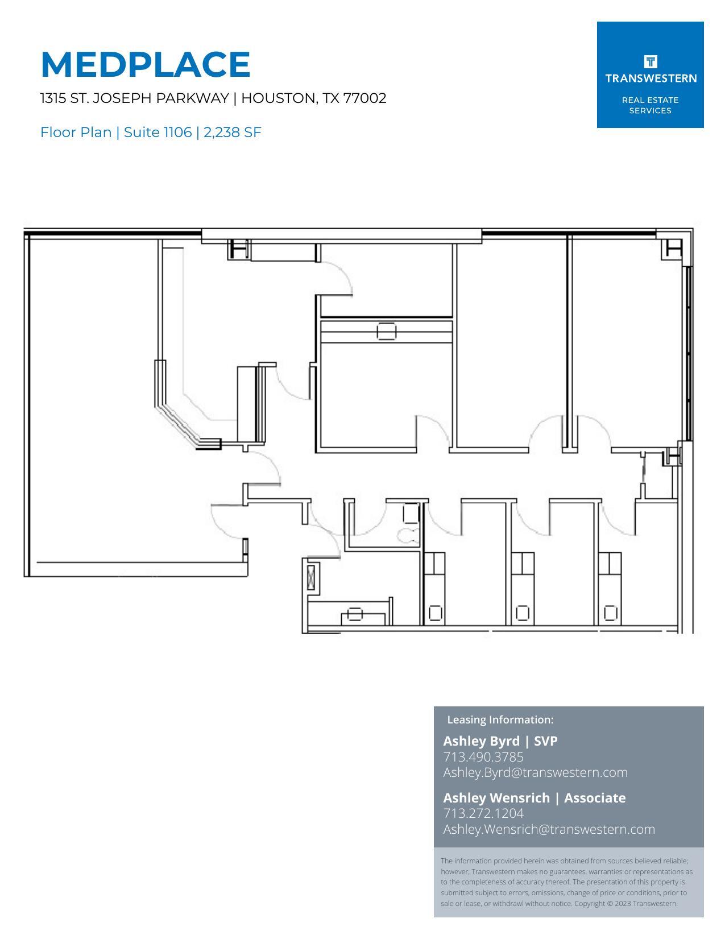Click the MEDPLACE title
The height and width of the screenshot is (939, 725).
146,64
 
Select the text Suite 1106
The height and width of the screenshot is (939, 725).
158,133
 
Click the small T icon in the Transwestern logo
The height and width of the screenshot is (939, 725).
651,61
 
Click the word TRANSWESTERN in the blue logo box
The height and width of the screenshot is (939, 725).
651,78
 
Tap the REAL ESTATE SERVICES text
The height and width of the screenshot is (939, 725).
651,105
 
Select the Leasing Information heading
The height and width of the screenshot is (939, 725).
500,719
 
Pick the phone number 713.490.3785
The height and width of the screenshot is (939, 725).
483,757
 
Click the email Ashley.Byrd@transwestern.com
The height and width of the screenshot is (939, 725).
535,772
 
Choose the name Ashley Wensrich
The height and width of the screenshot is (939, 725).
496,797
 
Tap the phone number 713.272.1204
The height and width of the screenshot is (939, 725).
483,813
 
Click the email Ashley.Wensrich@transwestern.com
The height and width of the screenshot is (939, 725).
549,829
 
